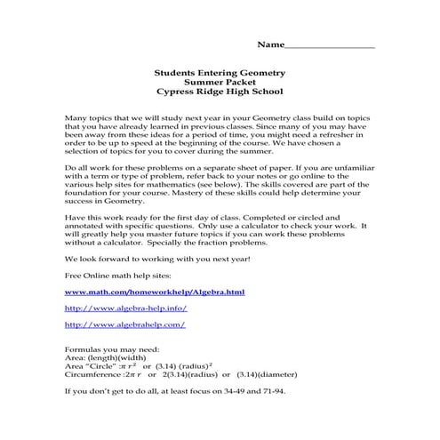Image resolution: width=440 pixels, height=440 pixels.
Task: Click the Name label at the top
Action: click(x=271, y=44)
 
